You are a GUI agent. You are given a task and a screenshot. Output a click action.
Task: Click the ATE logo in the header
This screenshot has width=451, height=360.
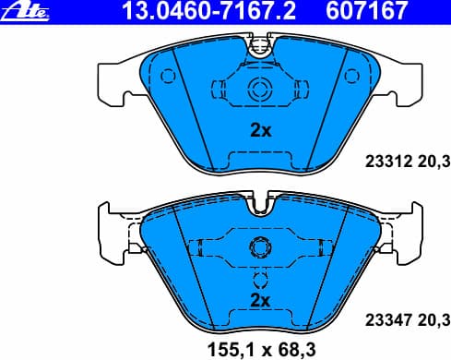pos(25,11)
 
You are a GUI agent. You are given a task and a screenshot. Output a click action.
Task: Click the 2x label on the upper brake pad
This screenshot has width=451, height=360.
pos(262,131)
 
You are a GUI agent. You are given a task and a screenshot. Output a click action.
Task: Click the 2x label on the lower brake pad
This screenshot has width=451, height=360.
pos(260,301)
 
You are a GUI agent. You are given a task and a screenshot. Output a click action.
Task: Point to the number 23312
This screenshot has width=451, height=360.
pos(386,159)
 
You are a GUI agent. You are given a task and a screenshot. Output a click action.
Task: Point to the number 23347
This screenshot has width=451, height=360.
pos(386,321)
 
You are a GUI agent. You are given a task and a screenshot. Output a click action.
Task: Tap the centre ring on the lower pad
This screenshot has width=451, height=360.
pos(259,248)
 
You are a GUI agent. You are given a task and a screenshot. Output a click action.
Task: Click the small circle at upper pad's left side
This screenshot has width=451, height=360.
pos(166,76)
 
